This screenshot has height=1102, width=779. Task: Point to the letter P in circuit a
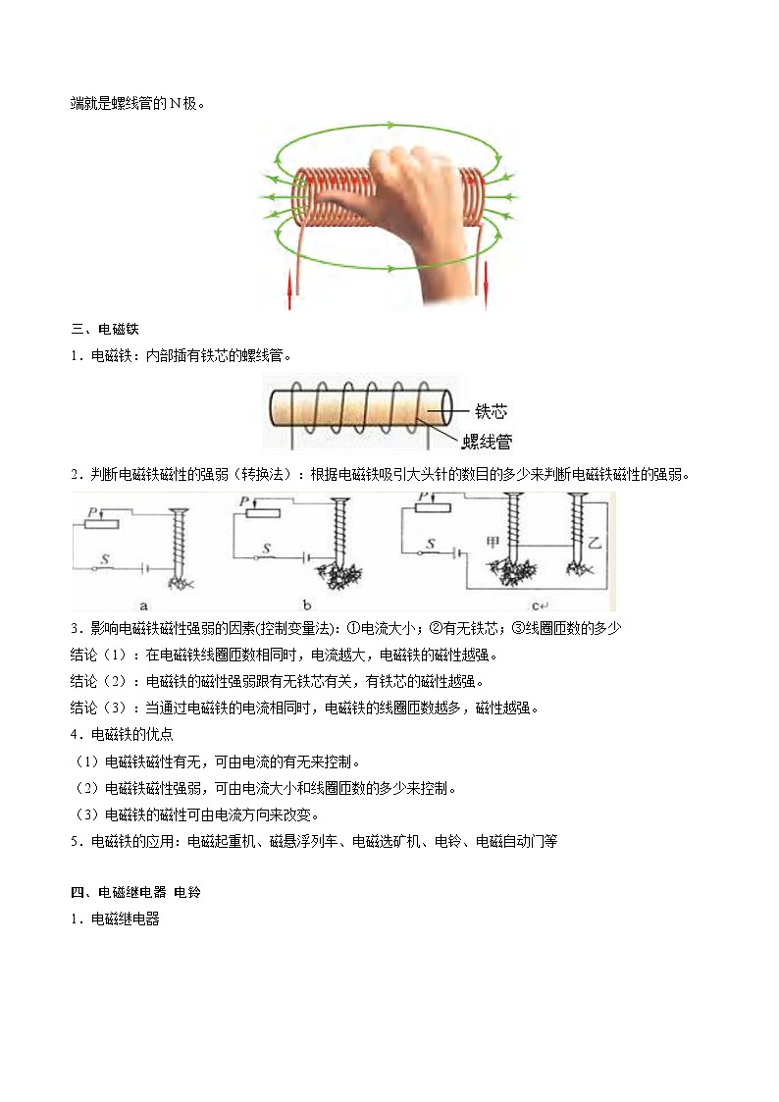click(91, 510)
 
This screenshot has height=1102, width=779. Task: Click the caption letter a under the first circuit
click(144, 603)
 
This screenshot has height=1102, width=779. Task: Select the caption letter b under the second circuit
click(335, 603)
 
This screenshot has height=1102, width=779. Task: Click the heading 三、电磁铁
click(104, 328)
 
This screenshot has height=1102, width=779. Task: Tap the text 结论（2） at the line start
click(100, 681)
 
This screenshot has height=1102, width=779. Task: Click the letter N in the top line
click(175, 102)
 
